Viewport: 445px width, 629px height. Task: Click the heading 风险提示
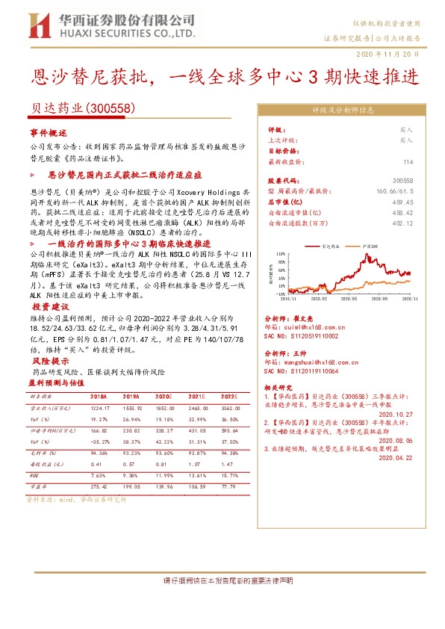tap(49, 361)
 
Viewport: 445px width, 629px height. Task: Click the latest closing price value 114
tap(407, 161)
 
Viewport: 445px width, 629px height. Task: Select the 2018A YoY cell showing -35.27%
tap(99, 441)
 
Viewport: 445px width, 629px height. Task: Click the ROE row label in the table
tap(34, 474)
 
